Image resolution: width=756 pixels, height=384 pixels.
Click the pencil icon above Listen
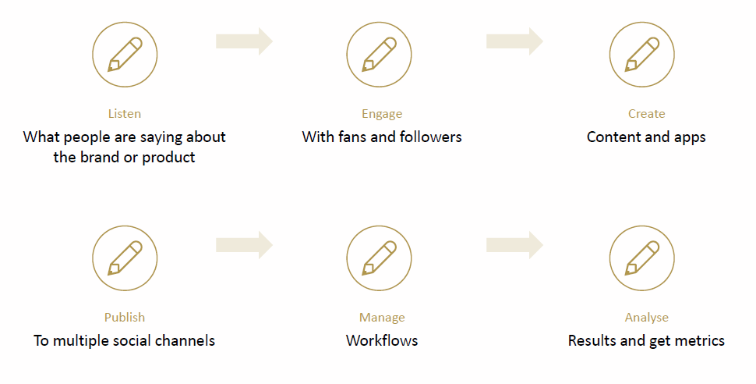pos(125,55)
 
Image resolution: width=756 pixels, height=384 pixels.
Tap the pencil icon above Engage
pos(379,55)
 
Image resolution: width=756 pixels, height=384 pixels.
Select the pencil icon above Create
pos(641,55)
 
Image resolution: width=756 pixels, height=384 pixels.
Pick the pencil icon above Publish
pos(125,258)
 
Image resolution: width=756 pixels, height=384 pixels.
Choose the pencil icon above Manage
pos(379,258)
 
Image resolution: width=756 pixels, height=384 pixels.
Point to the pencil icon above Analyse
pos(641,258)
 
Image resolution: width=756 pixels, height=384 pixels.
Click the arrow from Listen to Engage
pos(244,41)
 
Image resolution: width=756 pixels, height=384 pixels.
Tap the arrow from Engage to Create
pos(514,41)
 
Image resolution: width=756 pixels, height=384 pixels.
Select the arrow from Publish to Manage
pos(244,245)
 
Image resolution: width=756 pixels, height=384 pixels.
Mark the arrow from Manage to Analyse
pos(514,245)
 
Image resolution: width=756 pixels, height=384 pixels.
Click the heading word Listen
pos(125,114)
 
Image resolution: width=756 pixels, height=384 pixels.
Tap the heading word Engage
pos(382,114)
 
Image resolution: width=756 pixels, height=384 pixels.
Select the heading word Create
pos(647,114)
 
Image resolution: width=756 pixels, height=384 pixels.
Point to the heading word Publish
pos(125,318)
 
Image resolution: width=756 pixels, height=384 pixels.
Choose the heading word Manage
pos(382,318)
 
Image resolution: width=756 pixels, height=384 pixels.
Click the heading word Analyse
pos(647,318)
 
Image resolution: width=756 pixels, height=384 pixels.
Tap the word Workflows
pos(382,341)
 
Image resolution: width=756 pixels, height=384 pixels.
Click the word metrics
pos(698,341)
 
